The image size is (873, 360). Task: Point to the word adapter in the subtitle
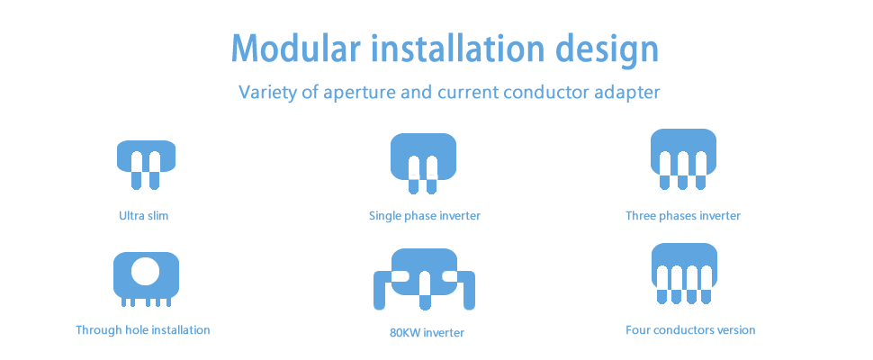pos(627,93)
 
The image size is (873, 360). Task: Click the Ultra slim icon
pos(146,165)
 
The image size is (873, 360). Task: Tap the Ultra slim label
pos(143,215)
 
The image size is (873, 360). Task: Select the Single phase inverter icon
pos(423,164)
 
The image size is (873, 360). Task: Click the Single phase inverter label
pos(424,215)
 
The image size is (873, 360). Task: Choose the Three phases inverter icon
pos(683,159)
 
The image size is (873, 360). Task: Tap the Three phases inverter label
pos(683,215)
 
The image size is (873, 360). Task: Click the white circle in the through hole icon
pos(145,271)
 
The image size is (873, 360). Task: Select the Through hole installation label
pos(142,330)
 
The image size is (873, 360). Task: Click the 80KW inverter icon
pos(424,279)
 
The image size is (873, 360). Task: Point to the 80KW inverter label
pos(427,333)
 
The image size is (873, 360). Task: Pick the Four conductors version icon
pos(684,274)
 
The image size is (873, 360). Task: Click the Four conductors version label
pos(690,330)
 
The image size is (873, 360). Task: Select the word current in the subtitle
pos(468,94)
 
